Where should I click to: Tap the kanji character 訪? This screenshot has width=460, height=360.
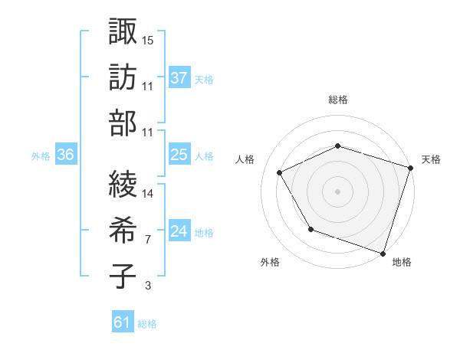click(x=123, y=77)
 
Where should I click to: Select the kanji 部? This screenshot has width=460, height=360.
click(x=123, y=123)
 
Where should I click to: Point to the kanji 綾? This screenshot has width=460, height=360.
click(x=123, y=184)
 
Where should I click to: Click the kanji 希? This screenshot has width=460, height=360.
click(x=123, y=230)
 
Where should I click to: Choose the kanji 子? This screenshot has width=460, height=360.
click(x=123, y=276)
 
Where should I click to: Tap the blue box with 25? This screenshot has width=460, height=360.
click(x=179, y=155)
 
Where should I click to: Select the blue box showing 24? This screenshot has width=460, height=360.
click(x=179, y=231)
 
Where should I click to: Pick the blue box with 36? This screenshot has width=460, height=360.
click(x=66, y=155)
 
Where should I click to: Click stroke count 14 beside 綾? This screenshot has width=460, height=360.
click(x=147, y=194)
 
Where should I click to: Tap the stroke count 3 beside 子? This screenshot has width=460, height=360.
click(x=147, y=286)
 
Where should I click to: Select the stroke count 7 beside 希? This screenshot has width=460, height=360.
click(x=147, y=240)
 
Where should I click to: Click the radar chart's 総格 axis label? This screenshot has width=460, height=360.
click(x=338, y=100)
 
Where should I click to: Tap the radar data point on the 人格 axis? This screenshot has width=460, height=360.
click(x=279, y=173)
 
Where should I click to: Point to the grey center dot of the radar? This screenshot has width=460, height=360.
click(x=338, y=191)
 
